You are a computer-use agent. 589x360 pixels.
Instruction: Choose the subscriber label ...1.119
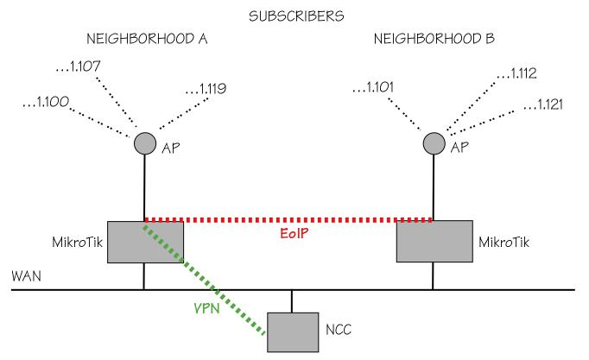click(207, 88)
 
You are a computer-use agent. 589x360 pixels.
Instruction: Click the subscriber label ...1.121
click(549, 105)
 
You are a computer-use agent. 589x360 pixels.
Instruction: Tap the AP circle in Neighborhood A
click(143, 142)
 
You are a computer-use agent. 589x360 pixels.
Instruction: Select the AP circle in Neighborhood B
click(432, 142)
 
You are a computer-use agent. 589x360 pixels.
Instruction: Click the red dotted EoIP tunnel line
click(345, 219)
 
